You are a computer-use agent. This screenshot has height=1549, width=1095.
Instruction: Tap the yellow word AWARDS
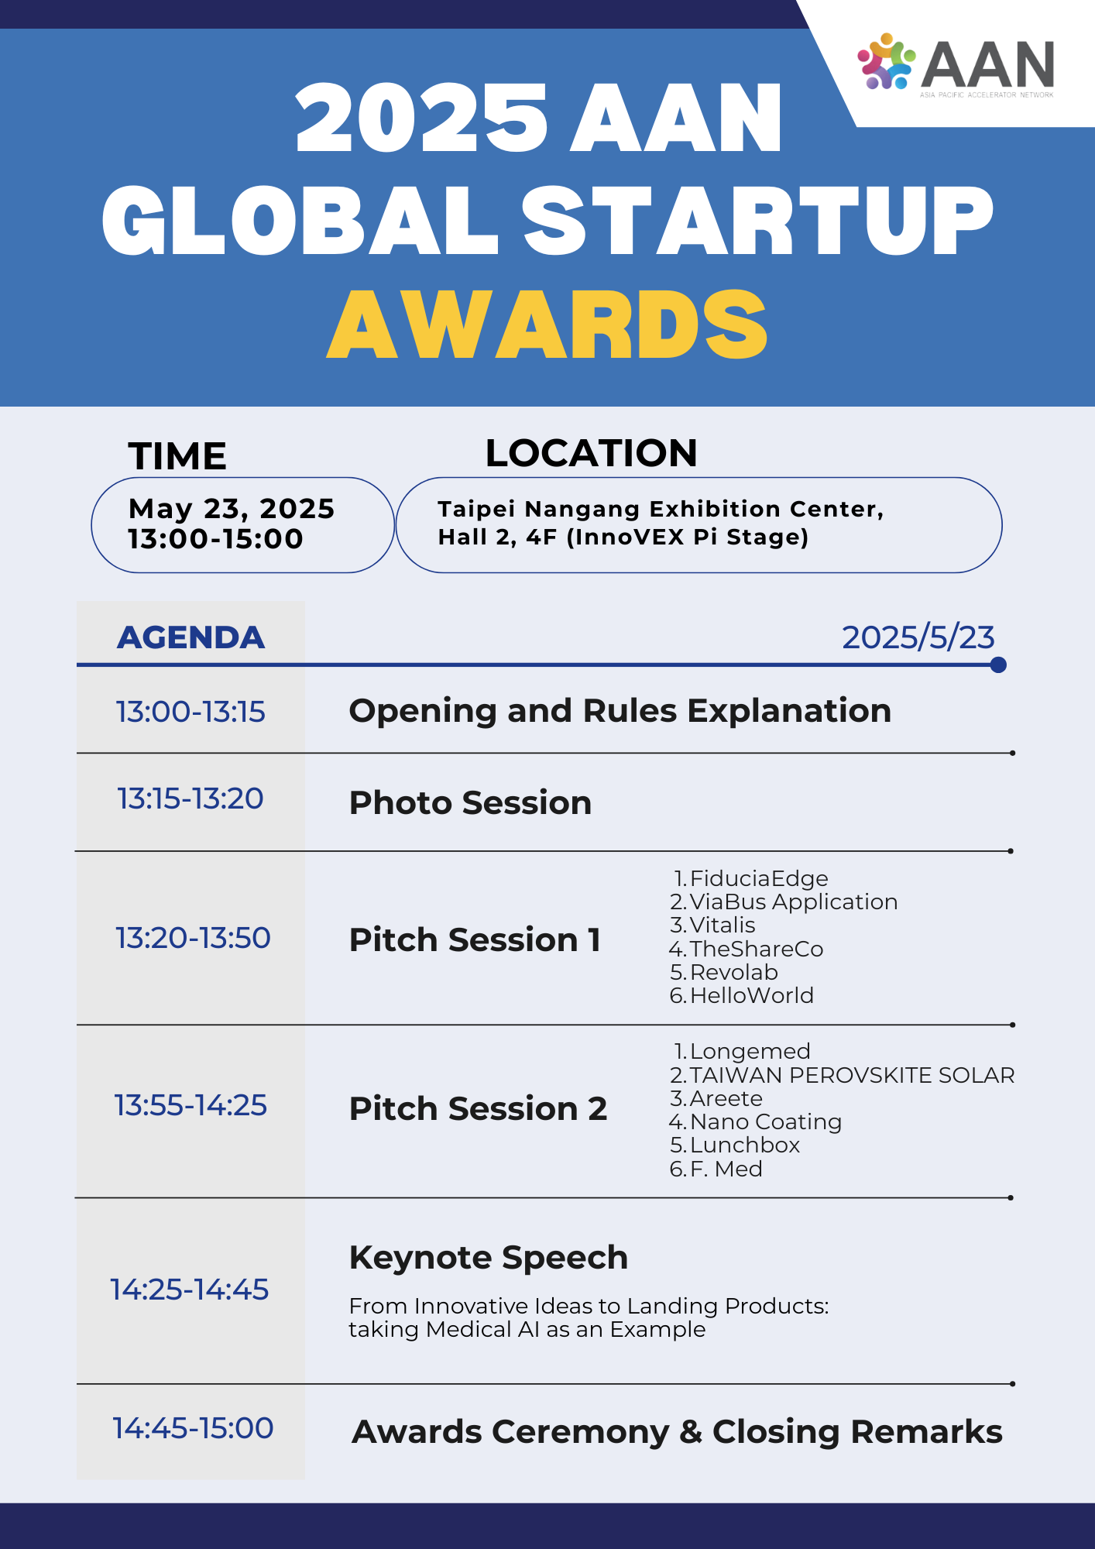click(x=547, y=325)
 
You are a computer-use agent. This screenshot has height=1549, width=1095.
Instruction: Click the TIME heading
click(x=177, y=456)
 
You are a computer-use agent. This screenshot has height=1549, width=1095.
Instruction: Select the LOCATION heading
click(x=591, y=453)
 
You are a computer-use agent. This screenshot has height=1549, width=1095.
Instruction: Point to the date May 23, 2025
click(x=232, y=509)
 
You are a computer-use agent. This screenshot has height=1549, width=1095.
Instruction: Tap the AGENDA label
click(x=191, y=637)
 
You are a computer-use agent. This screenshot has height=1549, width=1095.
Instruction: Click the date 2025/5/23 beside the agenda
click(x=918, y=637)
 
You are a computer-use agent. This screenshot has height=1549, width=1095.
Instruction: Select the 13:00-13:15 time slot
click(x=191, y=712)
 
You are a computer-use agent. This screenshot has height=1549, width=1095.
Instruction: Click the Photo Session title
click(x=470, y=803)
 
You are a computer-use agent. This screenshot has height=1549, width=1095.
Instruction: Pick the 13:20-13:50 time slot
click(x=193, y=938)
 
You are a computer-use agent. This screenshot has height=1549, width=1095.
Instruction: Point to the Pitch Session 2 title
click(x=478, y=1108)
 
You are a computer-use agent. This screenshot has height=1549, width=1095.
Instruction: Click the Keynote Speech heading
click(x=489, y=1258)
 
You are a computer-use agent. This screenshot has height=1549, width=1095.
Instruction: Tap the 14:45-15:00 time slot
click(x=193, y=1428)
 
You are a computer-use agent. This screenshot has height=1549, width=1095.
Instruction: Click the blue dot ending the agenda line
click(x=998, y=665)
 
